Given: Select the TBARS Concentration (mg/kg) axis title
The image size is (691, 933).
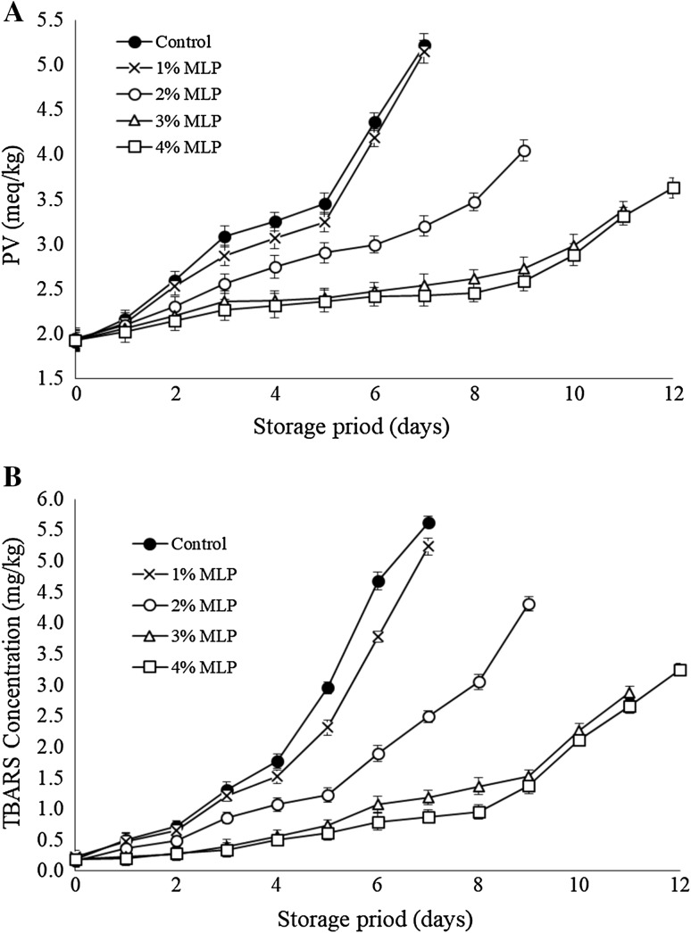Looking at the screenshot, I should pyautogui.click(x=15, y=683).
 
